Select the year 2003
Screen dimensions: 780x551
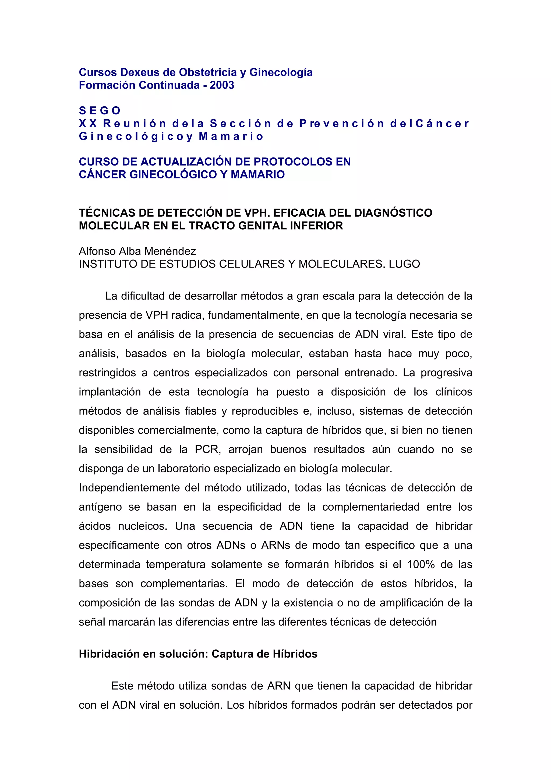click(222, 85)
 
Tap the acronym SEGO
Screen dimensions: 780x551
click(100, 111)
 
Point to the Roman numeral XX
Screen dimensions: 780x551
click(88, 124)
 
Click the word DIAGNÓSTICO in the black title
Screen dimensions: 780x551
click(393, 213)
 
